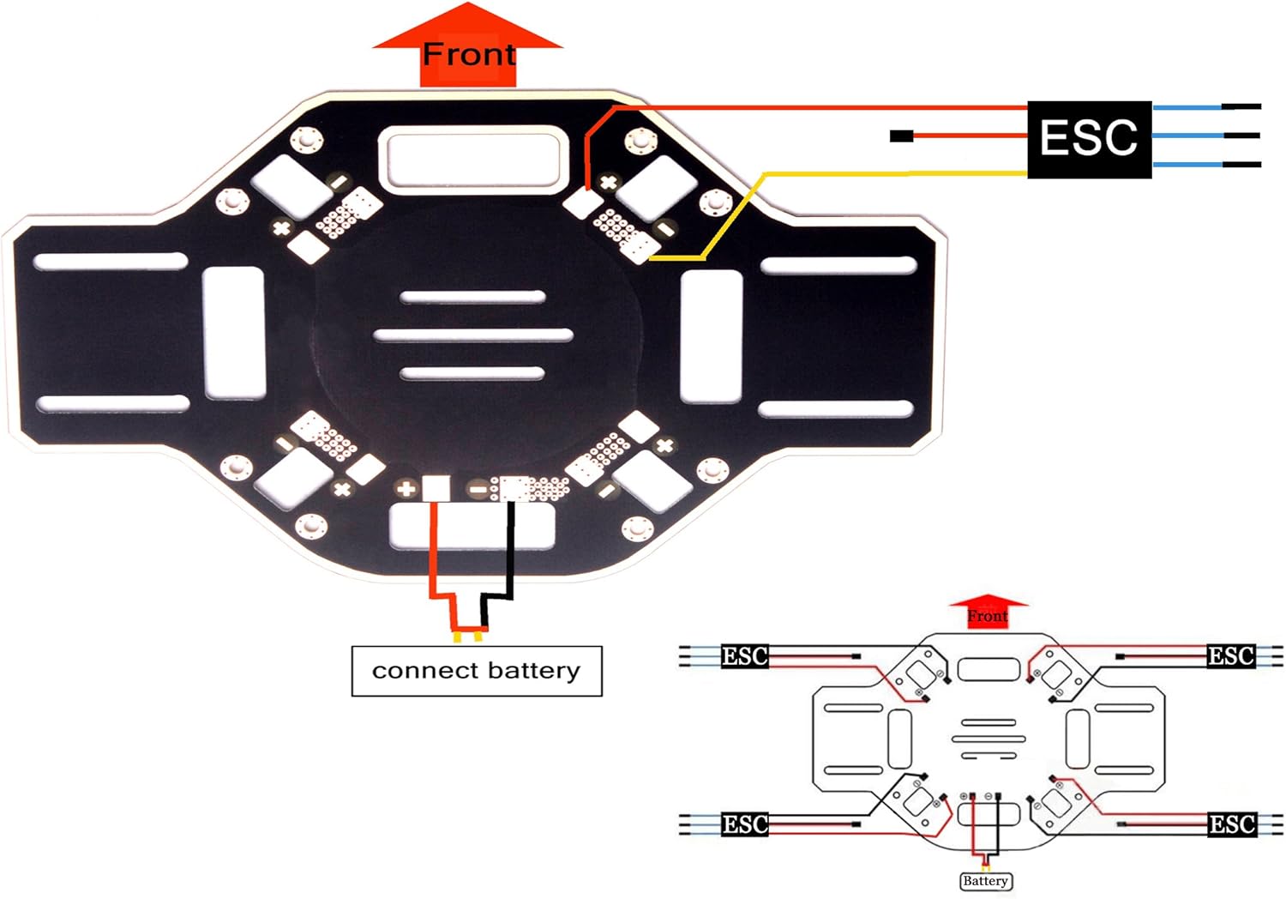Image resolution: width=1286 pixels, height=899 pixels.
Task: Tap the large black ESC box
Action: click(x=1089, y=138)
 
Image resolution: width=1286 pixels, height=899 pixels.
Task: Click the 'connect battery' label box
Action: click(x=477, y=671)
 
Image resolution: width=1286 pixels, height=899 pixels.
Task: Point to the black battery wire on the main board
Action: click(x=511, y=549)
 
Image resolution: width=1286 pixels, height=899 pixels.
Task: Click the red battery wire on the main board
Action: click(x=434, y=549)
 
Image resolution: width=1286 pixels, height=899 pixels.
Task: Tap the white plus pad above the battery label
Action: click(x=436, y=488)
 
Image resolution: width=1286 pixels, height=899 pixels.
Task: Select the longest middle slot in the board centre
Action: click(x=473, y=335)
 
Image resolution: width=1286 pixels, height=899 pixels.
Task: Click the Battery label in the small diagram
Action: click(x=985, y=881)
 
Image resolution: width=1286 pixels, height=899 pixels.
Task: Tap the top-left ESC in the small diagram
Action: click(x=744, y=656)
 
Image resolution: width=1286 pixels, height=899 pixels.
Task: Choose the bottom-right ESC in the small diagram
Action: click(x=1231, y=824)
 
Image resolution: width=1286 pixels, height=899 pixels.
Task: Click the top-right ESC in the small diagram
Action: click(x=1231, y=656)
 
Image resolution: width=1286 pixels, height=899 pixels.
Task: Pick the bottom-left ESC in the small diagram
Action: click(x=744, y=824)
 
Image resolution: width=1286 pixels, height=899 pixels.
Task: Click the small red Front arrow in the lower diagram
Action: click(x=988, y=612)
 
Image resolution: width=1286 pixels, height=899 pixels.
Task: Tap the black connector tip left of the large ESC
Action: click(x=901, y=136)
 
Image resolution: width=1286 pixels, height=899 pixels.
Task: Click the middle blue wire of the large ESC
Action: click(x=1187, y=136)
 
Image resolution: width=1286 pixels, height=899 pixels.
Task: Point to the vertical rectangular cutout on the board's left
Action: click(x=234, y=333)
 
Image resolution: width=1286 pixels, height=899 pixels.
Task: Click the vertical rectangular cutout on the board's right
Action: click(x=711, y=335)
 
